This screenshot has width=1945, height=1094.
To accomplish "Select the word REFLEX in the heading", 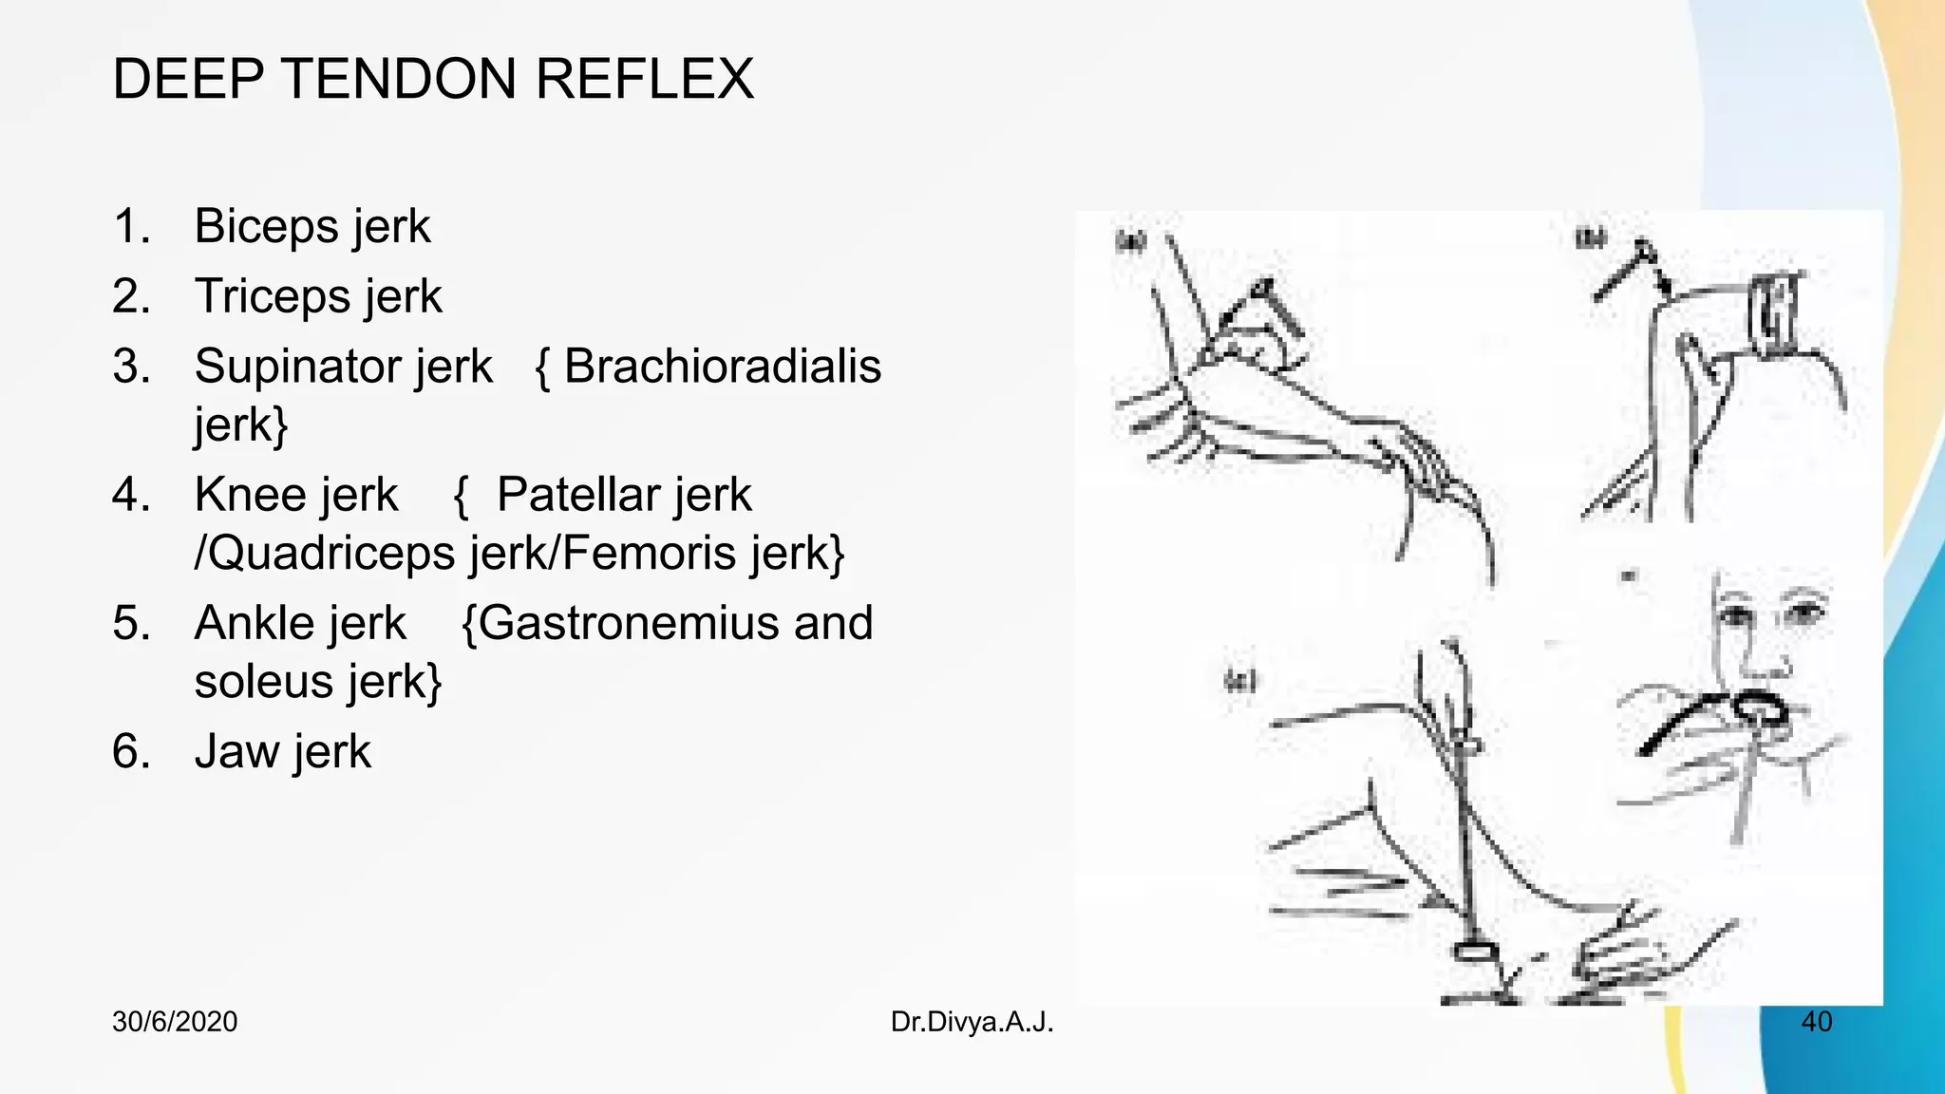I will point(645,79).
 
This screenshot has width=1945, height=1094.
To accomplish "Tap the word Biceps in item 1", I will point(265,227).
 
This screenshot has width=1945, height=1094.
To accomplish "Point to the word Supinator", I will point(343,367).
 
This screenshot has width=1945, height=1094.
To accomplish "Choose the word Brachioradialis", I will point(722,367).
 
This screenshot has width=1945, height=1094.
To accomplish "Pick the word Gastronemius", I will point(633,624).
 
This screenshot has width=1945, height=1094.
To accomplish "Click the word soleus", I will point(263,682).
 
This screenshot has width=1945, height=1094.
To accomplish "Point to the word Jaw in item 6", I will point(234,752).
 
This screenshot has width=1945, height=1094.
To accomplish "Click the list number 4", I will point(130,495).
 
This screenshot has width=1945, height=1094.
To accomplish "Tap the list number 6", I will point(130,752).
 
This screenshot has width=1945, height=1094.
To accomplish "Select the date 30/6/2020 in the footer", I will point(175,1022).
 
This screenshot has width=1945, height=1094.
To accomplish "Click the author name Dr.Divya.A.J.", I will point(972,1022).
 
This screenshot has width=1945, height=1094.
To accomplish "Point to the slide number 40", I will point(1816,1022).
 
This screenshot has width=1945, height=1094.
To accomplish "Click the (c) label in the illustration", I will point(1240,681).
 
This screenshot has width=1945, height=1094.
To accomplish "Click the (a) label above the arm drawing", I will point(1129,241).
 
